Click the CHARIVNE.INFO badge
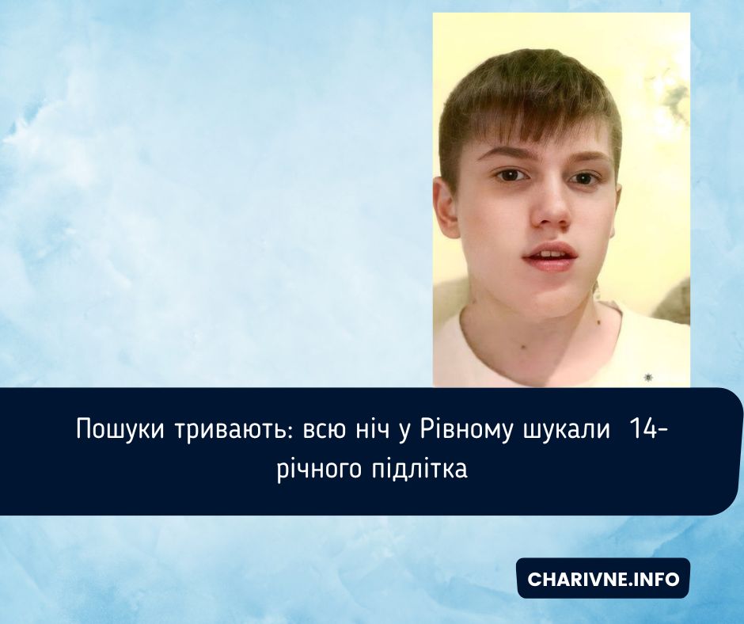[x=603, y=579]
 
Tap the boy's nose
[x=549, y=210]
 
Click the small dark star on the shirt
[x=649, y=376]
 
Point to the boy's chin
[x=554, y=297]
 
